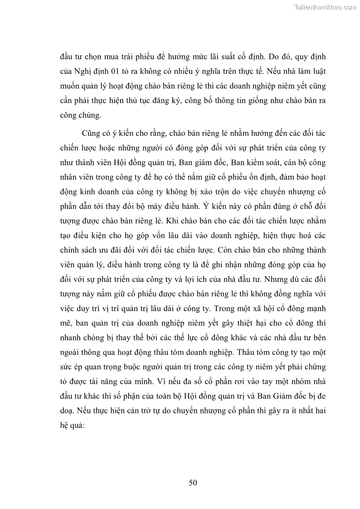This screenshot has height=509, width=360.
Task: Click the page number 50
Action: click(193, 482)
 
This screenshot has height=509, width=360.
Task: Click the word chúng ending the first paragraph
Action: click(89, 115)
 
